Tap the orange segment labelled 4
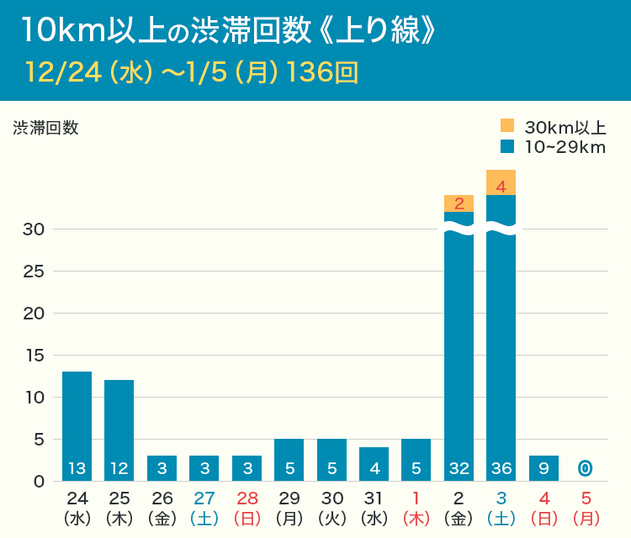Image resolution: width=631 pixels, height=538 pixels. click(x=501, y=182)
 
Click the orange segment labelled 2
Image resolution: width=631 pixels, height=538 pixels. click(x=459, y=203)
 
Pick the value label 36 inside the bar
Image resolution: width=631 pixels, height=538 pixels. click(x=501, y=467)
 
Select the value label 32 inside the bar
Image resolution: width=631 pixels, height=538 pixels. click(x=459, y=467)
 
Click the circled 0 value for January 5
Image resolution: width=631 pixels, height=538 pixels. click(x=586, y=467)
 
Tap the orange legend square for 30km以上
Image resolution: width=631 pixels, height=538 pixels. click(x=507, y=126)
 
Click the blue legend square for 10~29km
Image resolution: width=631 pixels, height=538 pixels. click(x=507, y=146)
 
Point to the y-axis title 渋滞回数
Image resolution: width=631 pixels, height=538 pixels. click(x=45, y=128)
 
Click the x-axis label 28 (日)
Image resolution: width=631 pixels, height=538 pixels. click(x=247, y=507)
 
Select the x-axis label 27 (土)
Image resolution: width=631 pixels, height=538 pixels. click(x=204, y=507)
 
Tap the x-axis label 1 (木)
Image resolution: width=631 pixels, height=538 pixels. click(x=416, y=507)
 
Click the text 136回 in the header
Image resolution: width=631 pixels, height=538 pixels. click(x=322, y=72)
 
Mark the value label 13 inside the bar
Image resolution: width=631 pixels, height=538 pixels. click(x=77, y=467)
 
